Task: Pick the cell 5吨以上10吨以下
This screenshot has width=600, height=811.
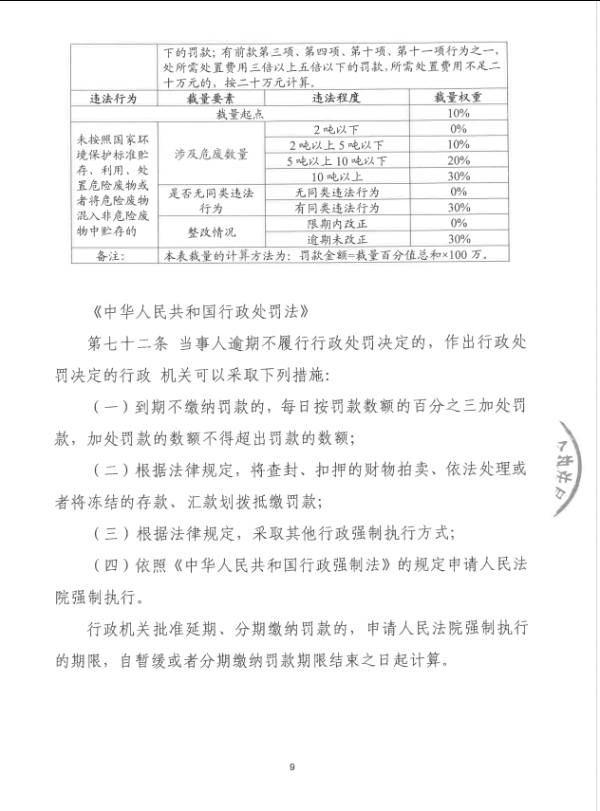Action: coord(337,160)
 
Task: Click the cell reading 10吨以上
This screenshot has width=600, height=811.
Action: coord(337,176)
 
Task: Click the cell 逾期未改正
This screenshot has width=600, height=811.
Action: coord(337,239)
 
